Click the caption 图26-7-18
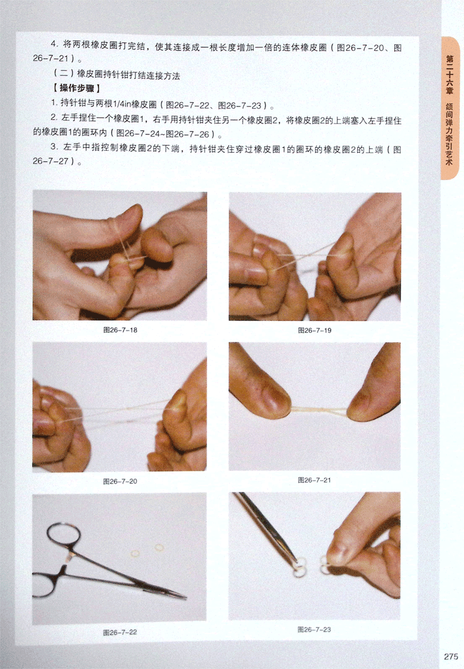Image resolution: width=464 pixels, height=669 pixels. tap(120, 330)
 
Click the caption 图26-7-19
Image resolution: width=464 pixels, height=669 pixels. tap(315, 330)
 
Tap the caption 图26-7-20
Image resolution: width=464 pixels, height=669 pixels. tap(120, 481)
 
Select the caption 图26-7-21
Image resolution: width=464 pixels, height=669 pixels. tap(314, 480)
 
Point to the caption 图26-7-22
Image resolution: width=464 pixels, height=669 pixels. tap(120, 632)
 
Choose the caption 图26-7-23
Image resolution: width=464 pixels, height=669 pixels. tap(314, 630)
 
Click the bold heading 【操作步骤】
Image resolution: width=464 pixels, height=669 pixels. tap(77, 88)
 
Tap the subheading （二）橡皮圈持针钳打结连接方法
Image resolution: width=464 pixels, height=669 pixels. tap(117, 75)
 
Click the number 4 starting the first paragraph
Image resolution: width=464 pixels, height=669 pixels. tap(53, 44)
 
